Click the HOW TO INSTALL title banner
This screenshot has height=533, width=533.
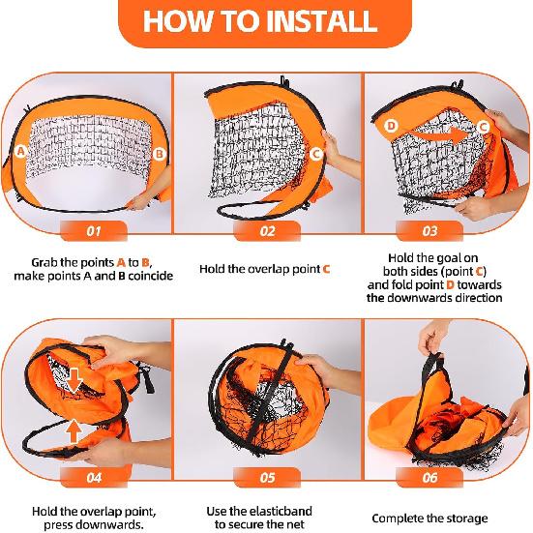[x=265, y=22]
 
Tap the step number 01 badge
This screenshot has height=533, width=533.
[x=94, y=231]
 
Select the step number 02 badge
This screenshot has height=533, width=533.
[x=267, y=231]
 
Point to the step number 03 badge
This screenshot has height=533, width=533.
[x=429, y=231]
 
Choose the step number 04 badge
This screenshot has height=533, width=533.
[x=94, y=478]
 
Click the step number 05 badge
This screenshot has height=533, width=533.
[x=267, y=478]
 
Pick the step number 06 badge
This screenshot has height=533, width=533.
[x=429, y=478]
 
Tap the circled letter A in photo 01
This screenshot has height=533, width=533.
[x=20, y=151]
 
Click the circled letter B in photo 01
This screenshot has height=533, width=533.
[x=159, y=154]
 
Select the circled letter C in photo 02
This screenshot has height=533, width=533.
[x=316, y=155]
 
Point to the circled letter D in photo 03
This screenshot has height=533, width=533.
[x=391, y=126]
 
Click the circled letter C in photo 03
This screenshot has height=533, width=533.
[x=483, y=127]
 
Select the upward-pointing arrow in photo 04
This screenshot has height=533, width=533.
[x=74, y=431]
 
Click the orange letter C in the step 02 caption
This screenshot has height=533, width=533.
[x=326, y=270]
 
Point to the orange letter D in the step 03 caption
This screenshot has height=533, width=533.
[x=450, y=284]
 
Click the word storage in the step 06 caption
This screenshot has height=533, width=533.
[x=467, y=518]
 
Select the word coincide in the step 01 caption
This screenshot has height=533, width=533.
[x=151, y=276]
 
